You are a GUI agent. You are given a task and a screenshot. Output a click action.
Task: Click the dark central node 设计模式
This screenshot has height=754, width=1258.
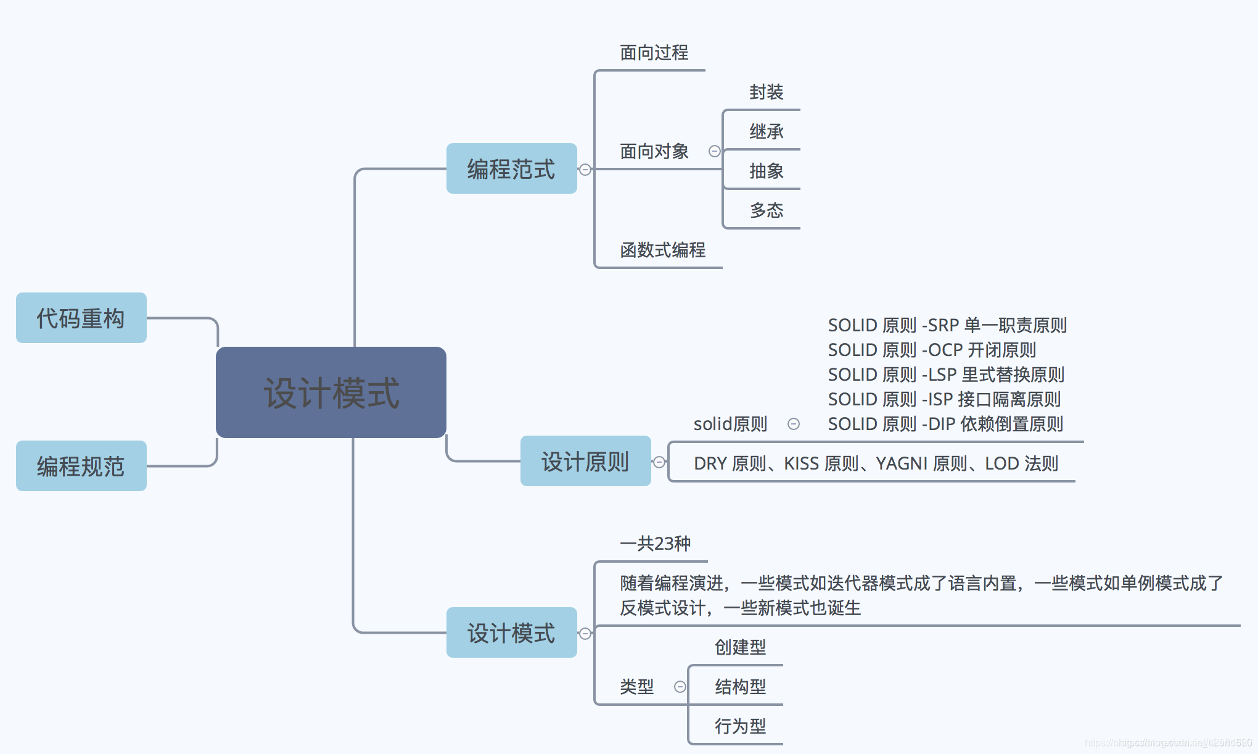(x=331, y=392)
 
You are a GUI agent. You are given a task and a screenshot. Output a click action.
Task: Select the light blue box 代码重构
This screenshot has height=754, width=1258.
(x=81, y=318)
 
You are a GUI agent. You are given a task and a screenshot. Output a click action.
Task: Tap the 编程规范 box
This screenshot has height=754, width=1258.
(x=81, y=466)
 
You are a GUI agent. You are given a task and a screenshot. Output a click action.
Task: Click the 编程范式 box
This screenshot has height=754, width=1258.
(x=511, y=168)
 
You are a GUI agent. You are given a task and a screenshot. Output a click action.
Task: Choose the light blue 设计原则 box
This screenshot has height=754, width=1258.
(x=585, y=461)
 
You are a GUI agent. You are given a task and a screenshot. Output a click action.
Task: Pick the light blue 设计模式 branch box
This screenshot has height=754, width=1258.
(x=511, y=632)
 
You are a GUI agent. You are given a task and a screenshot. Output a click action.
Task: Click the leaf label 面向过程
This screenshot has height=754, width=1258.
(x=654, y=52)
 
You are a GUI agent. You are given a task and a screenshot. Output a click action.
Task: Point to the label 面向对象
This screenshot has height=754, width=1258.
(x=654, y=151)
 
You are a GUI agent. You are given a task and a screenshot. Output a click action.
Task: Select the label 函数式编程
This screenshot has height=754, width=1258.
(x=662, y=250)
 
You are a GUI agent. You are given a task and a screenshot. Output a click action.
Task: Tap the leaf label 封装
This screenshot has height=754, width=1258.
(x=766, y=92)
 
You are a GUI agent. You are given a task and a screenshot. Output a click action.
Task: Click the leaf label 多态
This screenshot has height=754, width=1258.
(x=766, y=210)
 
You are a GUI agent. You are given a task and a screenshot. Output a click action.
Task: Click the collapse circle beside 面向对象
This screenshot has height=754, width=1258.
(x=714, y=151)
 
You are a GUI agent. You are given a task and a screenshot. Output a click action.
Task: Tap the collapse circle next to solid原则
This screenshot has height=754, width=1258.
(x=794, y=424)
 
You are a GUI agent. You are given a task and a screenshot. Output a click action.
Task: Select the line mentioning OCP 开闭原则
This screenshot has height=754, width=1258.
(x=931, y=350)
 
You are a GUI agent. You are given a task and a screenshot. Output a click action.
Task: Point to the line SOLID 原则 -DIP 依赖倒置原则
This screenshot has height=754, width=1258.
(x=945, y=424)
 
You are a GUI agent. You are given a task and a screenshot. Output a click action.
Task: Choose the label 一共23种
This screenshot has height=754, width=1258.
(x=655, y=544)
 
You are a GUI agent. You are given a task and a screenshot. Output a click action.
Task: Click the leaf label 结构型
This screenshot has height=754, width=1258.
(x=740, y=686)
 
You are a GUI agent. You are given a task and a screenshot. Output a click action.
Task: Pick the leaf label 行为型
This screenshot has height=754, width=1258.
(x=740, y=726)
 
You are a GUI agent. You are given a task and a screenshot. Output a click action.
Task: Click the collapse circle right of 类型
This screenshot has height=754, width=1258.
(x=680, y=687)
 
